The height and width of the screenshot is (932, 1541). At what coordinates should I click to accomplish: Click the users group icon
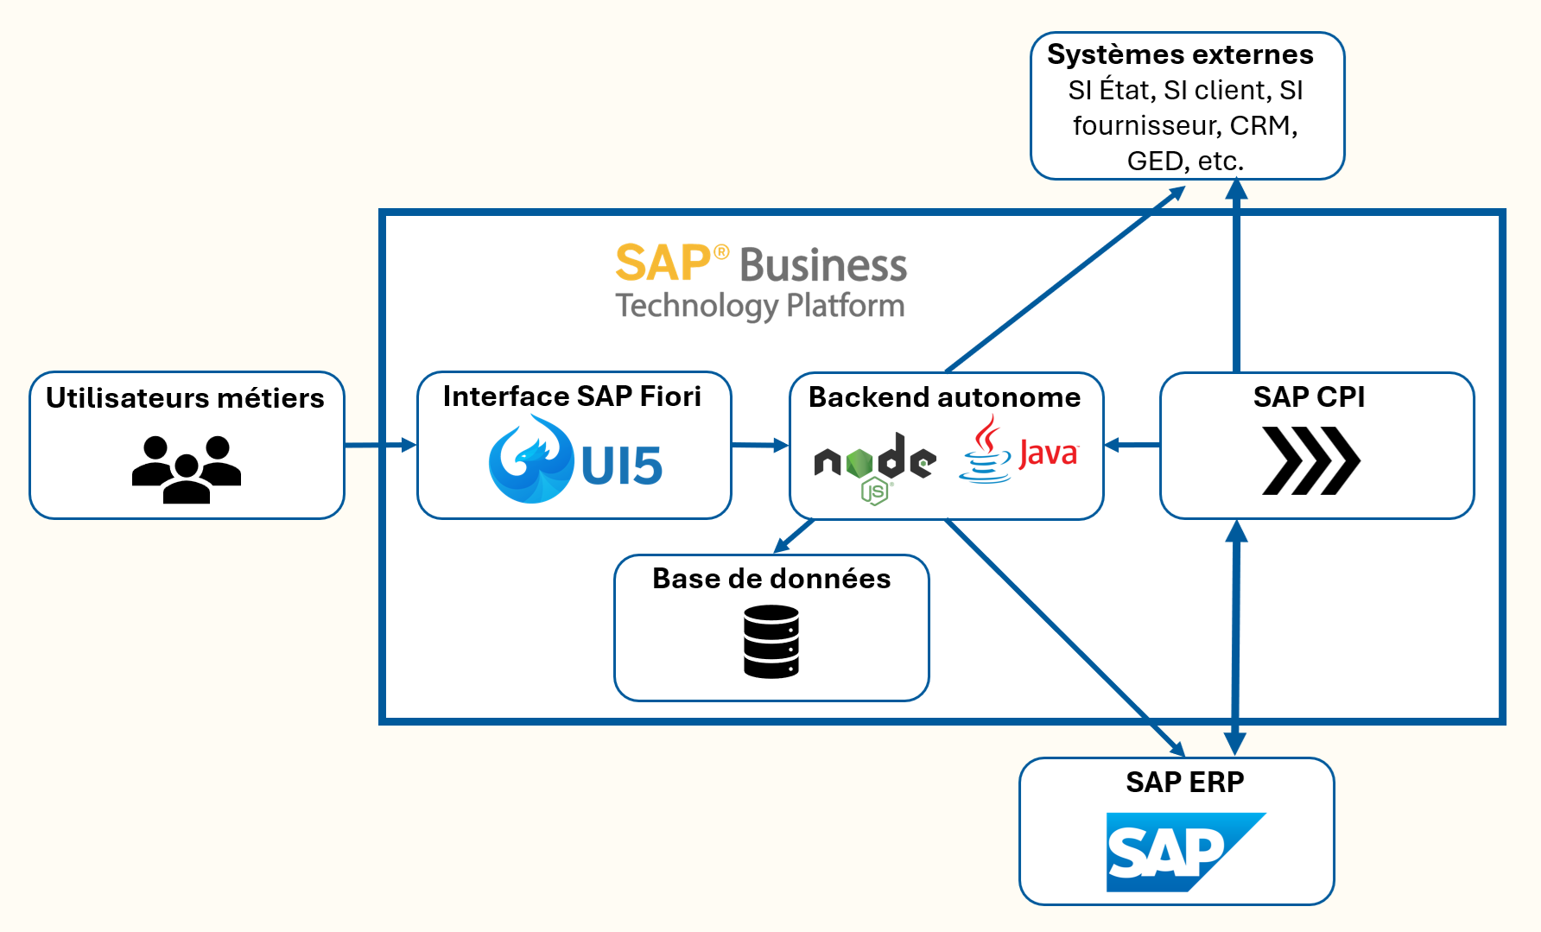[187, 469]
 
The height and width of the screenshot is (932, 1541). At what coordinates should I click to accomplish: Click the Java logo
[1019, 451]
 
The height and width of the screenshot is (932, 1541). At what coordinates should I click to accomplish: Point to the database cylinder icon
[771, 642]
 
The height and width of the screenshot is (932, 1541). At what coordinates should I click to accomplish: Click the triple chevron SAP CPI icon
[1310, 460]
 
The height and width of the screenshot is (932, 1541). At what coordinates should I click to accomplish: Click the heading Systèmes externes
[1180, 54]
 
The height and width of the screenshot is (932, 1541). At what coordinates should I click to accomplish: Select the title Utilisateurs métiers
[185, 398]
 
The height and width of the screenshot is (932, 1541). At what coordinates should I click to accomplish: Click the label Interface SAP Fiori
[572, 396]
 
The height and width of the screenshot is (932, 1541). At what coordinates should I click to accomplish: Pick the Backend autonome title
[944, 397]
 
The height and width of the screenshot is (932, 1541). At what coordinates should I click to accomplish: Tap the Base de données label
[771, 579]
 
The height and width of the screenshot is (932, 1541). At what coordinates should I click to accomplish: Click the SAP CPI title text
[1309, 397]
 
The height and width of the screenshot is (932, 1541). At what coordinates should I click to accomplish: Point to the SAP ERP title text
[1184, 783]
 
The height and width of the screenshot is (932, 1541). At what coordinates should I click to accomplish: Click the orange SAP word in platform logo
[663, 263]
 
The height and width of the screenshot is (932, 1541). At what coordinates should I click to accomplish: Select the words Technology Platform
[760, 306]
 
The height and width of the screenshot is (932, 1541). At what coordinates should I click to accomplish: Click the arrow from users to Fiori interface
[380, 446]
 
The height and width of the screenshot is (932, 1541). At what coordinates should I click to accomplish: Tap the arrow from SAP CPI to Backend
[1132, 446]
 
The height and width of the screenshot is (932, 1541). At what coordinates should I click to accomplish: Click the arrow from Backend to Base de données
[794, 536]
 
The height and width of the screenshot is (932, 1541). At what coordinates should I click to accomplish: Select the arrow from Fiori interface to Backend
[760, 446]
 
